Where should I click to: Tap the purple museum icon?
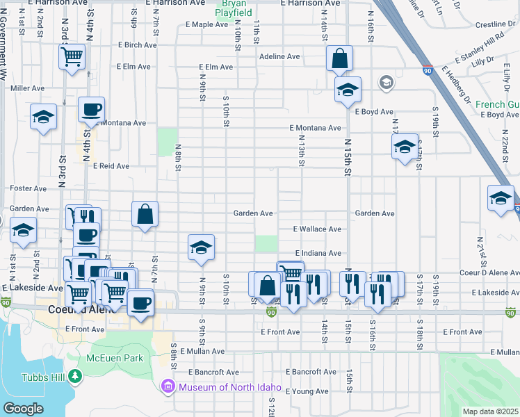pyautogui.click(x=168, y=386)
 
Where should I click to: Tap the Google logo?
pyautogui.click(x=23, y=408)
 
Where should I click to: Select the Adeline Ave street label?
pyautogui.click(x=279, y=56)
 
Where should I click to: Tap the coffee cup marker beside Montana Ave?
pyautogui.click(x=91, y=109)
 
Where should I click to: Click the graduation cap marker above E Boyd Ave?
pyautogui.click(x=348, y=90)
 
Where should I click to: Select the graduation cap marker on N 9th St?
pyautogui.click(x=201, y=247)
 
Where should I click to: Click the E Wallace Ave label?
pyautogui.click(x=317, y=229)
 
